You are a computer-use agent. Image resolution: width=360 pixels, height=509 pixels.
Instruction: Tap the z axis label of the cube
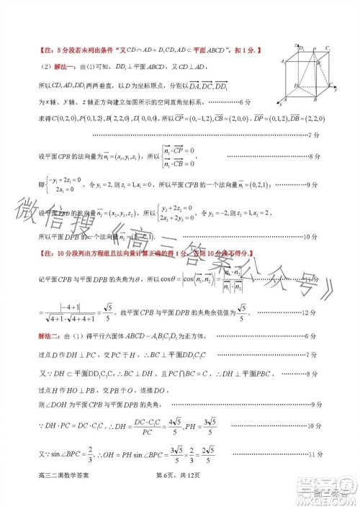coord(297,45)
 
